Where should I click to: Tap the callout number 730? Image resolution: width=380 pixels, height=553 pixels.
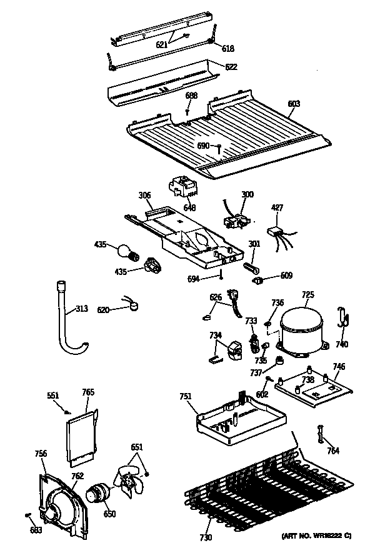[x=206, y=537]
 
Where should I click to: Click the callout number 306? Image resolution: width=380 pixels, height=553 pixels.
[x=144, y=196]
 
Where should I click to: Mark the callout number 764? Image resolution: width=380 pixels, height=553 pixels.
[x=333, y=452]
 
